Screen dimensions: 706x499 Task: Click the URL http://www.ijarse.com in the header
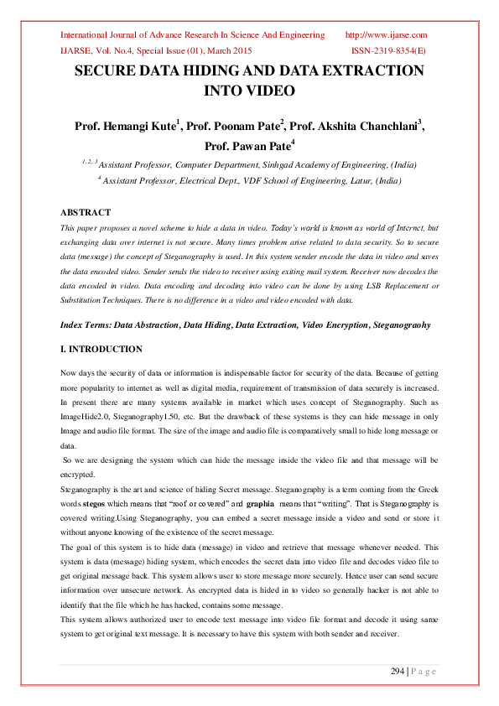[387, 35]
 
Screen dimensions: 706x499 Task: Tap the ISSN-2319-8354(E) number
[388, 50]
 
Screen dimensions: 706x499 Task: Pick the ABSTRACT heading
[86, 212]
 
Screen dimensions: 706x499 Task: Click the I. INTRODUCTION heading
[101, 349]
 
